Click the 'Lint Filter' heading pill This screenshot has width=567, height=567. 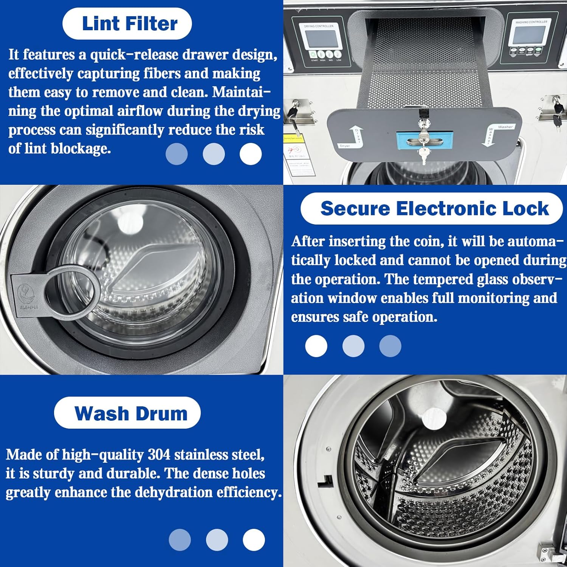coord(127,23)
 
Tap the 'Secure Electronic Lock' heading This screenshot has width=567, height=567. coord(434,209)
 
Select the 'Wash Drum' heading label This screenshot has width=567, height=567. coord(127,413)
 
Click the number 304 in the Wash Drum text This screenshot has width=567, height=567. coord(159,454)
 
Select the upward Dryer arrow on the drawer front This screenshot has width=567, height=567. coord(356,136)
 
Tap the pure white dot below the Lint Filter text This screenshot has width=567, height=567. coord(251,154)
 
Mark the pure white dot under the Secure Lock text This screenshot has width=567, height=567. coord(316,346)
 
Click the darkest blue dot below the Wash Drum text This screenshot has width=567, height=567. coord(180,540)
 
